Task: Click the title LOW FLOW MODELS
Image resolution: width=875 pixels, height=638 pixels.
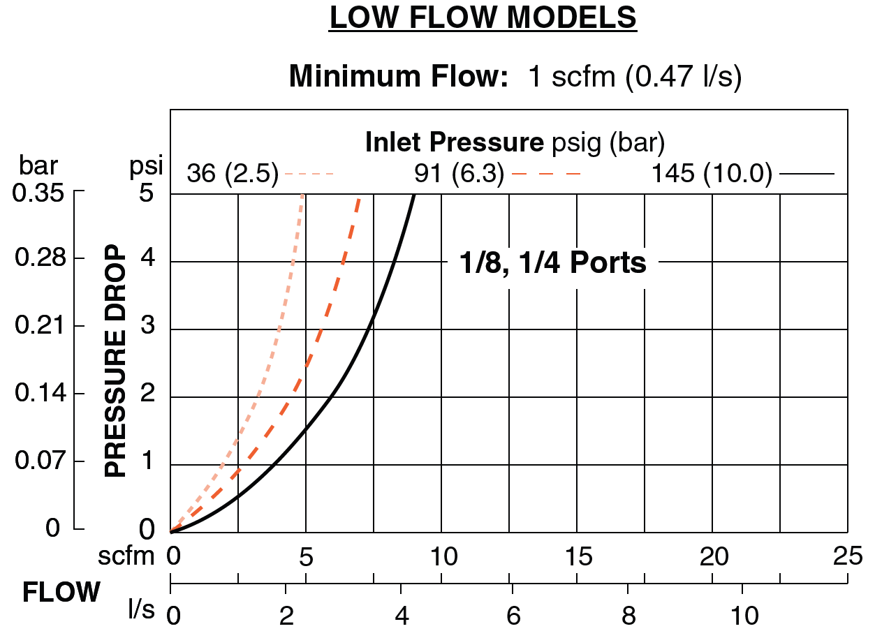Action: tap(483, 19)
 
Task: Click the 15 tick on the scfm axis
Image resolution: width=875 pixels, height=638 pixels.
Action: tap(578, 556)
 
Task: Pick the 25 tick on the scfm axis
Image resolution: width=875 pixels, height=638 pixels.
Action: tap(847, 556)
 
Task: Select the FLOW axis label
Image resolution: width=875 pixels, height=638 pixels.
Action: tap(61, 593)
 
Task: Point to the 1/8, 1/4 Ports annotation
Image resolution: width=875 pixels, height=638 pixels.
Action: tap(552, 263)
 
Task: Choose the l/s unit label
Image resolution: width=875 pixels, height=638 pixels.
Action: tap(141, 609)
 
